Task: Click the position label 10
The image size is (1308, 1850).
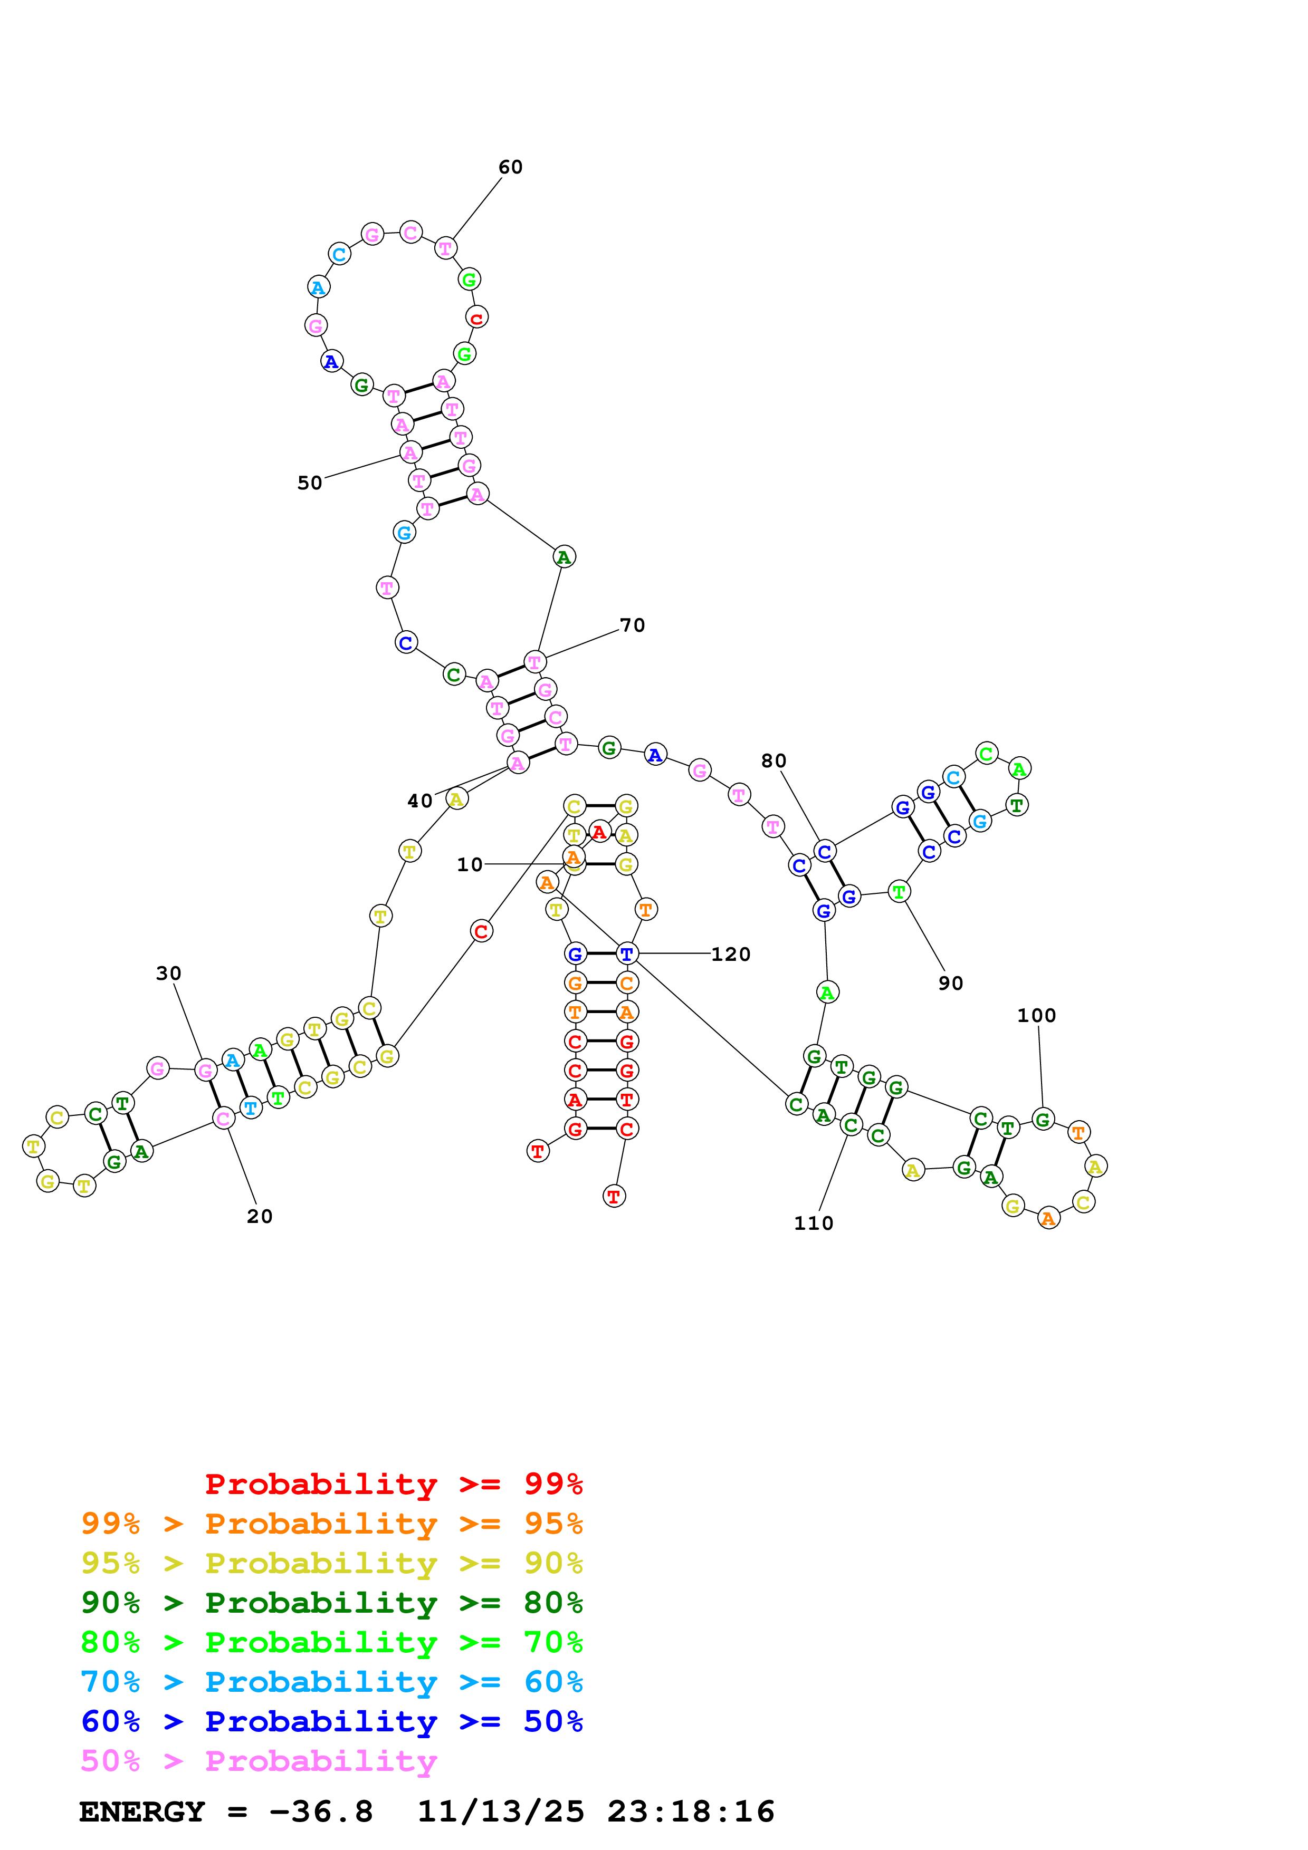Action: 469,864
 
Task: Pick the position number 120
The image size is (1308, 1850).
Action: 730,954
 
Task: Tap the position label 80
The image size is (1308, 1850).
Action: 773,760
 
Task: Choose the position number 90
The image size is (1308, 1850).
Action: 950,983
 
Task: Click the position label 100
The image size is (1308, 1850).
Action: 1036,1015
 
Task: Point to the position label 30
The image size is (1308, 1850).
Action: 168,974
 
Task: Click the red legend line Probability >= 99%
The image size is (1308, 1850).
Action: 393,1484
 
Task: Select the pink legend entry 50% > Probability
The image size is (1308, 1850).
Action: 259,1761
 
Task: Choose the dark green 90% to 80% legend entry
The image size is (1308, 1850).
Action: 331,1603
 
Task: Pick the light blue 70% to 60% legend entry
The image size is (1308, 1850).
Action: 331,1682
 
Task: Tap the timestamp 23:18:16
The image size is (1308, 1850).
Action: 691,1812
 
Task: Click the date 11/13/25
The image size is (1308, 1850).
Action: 501,1812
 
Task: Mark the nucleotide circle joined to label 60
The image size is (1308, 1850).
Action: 446,248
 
